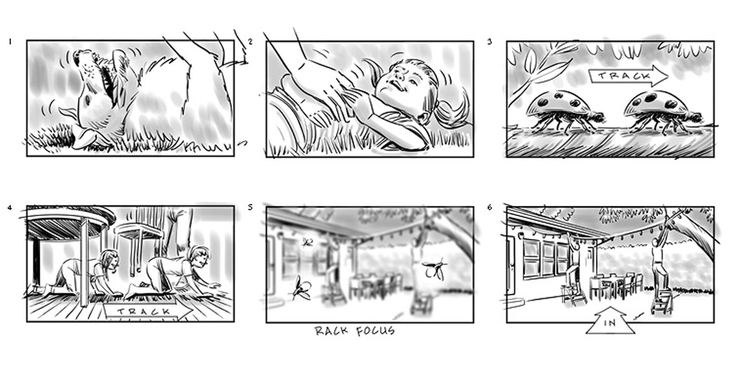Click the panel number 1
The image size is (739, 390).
10,42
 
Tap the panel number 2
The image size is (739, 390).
250,42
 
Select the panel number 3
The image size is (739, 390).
490,41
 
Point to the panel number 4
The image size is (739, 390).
10,207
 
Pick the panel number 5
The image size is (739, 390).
250,207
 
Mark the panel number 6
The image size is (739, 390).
490,207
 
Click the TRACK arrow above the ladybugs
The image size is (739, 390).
629,76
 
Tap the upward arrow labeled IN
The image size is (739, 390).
610,321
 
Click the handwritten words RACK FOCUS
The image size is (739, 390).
355,330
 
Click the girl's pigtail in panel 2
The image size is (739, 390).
450,110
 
